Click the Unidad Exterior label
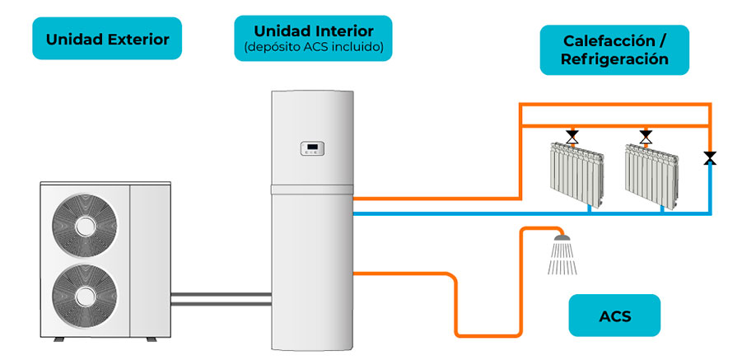[107, 39]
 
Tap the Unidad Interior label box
[312, 38]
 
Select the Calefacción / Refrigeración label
[614, 50]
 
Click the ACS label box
[614, 316]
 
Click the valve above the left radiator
[572, 136]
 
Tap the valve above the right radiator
[646, 136]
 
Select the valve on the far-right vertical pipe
[709, 157]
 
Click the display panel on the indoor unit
[312, 149]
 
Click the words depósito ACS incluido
[312, 48]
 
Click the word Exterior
[139, 39]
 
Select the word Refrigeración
[614, 60]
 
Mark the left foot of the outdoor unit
[58, 339]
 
